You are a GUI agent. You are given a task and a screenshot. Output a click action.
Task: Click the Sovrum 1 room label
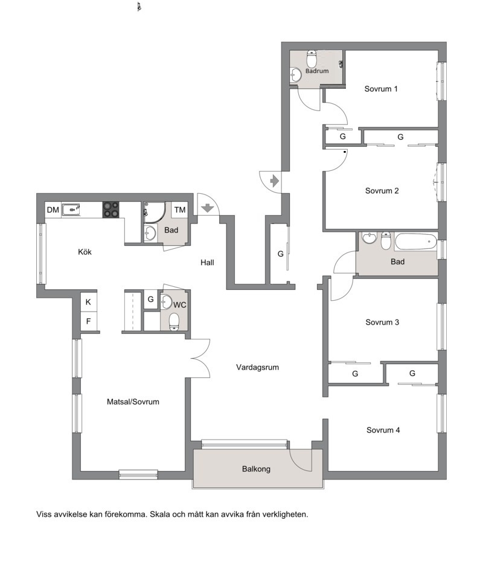(381, 89)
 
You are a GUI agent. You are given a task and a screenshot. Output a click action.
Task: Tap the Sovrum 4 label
(383, 430)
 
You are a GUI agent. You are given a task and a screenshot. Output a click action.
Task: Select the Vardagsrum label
(257, 367)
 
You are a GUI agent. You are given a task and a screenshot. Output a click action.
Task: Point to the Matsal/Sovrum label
(133, 402)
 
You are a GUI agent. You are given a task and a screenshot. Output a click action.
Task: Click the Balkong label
(256, 469)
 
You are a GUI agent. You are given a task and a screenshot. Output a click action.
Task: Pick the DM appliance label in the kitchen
(53, 210)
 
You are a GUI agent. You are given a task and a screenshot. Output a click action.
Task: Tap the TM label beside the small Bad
(180, 210)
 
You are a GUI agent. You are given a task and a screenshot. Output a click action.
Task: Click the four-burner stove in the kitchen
(111, 210)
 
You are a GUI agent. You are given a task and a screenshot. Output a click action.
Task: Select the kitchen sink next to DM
(71, 210)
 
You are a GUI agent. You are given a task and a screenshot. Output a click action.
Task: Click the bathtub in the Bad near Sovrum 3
(415, 242)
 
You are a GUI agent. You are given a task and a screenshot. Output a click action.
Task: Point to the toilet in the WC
(174, 321)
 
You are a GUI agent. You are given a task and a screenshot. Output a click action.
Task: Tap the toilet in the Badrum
(312, 59)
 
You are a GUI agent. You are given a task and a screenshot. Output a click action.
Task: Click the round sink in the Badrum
(296, 75)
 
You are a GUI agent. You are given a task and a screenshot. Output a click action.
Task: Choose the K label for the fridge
(88, 302)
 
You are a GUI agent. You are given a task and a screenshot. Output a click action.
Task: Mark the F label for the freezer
(88, 321)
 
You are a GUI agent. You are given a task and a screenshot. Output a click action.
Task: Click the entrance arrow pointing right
(275, 181)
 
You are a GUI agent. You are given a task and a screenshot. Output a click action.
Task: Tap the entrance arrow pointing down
(208, 208)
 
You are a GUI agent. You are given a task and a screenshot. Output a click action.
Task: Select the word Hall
(207, 262)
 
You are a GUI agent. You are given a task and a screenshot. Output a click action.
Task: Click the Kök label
(85, 252)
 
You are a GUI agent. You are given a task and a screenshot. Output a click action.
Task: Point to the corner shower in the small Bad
(154, 213)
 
